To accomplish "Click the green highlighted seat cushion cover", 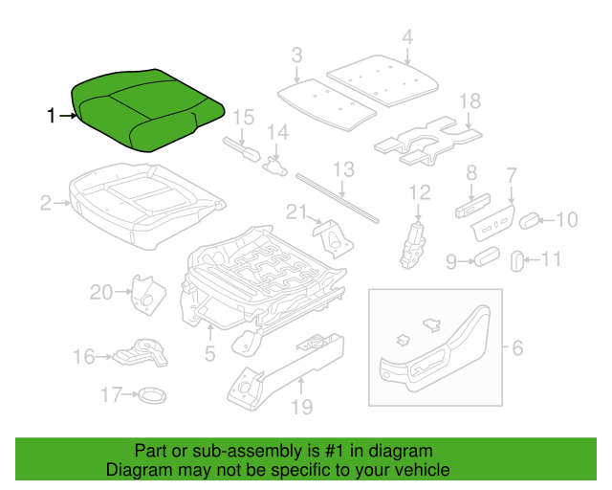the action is (147, 110).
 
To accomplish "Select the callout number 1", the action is (51, 116).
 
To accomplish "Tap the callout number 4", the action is (407, 37).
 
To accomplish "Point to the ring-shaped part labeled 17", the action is (152, 394).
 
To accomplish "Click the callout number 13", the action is (343, 169).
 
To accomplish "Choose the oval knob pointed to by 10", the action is (529, 221).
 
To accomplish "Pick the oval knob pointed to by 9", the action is (487, 256).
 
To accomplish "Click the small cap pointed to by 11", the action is (517, 260).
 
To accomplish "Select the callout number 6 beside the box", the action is (517, 347).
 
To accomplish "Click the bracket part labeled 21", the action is (333, 238).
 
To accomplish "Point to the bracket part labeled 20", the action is (148, 295).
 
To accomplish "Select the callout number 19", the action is (302, 407).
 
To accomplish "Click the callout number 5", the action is (210, 354).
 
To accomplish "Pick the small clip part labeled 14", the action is (275, 167).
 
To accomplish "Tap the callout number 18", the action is (470, 101).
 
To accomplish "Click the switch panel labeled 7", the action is (492, 222).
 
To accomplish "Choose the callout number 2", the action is (46, 203).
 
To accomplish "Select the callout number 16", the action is (84, 357).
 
